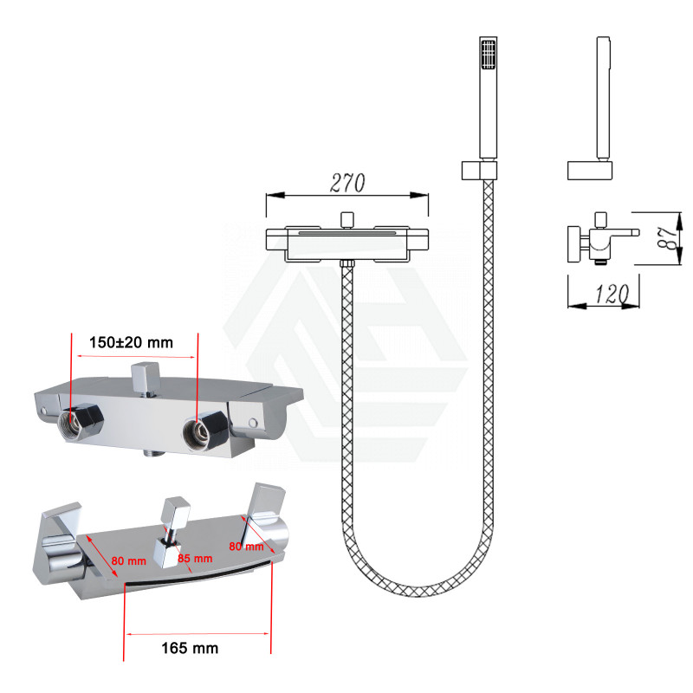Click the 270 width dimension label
[347, 183]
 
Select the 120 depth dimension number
[612, 295]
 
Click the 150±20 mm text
[131, 342]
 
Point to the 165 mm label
[190, 648]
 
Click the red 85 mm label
[195, 559]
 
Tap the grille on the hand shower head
[488, 55]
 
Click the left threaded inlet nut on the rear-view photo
[80, 421]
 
